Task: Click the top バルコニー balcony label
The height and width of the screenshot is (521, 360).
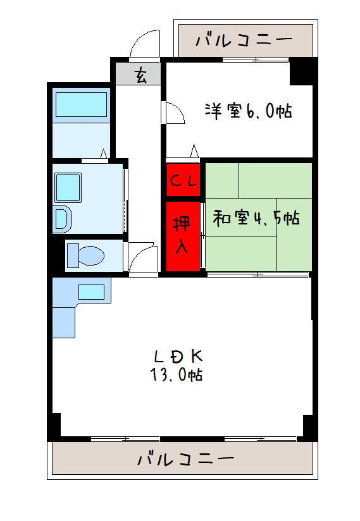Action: (244, 40)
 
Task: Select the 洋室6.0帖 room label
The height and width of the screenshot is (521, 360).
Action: (247, 112)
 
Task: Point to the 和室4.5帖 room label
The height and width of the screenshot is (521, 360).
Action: (256, 219)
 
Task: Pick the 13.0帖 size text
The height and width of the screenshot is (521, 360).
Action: (177, 375)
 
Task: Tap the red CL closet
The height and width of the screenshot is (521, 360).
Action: (183, 180)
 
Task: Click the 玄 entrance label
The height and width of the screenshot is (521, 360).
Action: (139, 76)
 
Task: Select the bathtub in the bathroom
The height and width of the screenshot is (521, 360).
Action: (81, 105)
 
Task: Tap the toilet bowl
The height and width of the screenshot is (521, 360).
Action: (86, 255)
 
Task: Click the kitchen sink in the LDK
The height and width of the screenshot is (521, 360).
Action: (91, 291)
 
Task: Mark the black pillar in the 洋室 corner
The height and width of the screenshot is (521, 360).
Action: (302, 71)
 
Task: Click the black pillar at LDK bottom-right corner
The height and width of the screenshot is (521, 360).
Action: (308, 427)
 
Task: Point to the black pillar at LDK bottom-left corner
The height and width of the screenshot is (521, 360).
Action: (55, 425)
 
